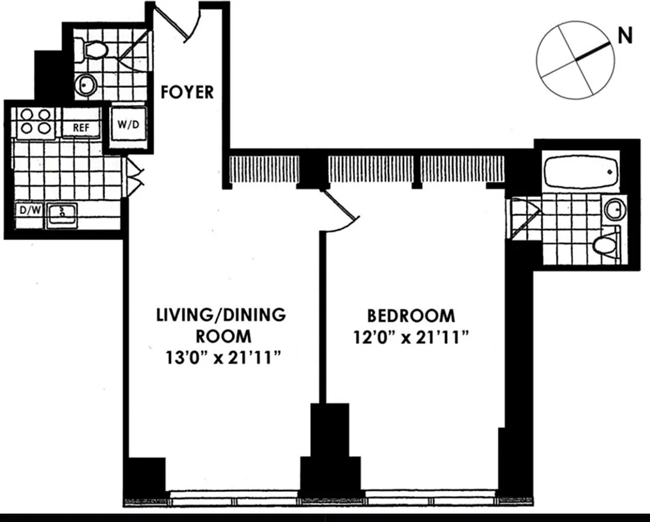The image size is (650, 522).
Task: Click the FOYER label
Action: pyautogui.click(x=187, y=92)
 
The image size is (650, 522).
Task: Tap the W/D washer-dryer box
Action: pyautogui.click(x=127, y=125)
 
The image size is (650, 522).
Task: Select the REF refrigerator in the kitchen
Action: pyautogui.click(x=80, y=127)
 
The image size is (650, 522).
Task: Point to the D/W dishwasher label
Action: pyautogui.click(x=27, y=211)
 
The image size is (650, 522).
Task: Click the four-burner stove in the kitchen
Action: pyautogui.click(x=35, y=121)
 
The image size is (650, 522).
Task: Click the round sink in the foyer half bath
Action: pyautogui.click(x=85, y=84)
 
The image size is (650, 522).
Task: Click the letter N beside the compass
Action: pyautogui.click(x=625, y=37)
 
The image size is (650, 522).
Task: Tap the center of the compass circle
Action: pyautogui.click(x=576, y=59)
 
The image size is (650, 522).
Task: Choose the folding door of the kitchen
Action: pyautogui.click(x=134, y=177)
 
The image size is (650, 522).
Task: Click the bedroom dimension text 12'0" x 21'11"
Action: pyautogui.click(x=410, y=337)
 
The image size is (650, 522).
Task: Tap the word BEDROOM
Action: pyautogui.click(x=411, y=316)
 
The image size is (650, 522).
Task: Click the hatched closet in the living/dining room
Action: pyautogui.click(x=264, y=169)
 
